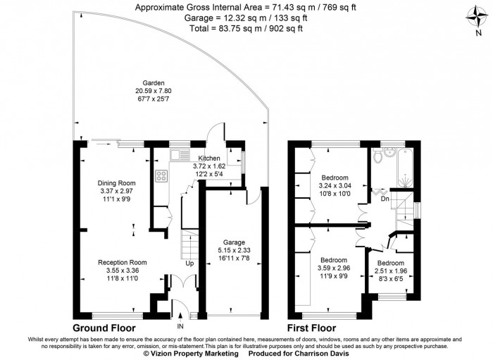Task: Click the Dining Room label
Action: (x=116, y=182)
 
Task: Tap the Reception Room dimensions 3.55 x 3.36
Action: (x=118, y=270)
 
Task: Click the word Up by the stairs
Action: (x=189, y=263)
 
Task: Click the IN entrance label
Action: (x=180, y=326)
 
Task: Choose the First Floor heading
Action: (x=311, y=328)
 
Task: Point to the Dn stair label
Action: (x=384, y=198)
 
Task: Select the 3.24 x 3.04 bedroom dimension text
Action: (x=335, y=185)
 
